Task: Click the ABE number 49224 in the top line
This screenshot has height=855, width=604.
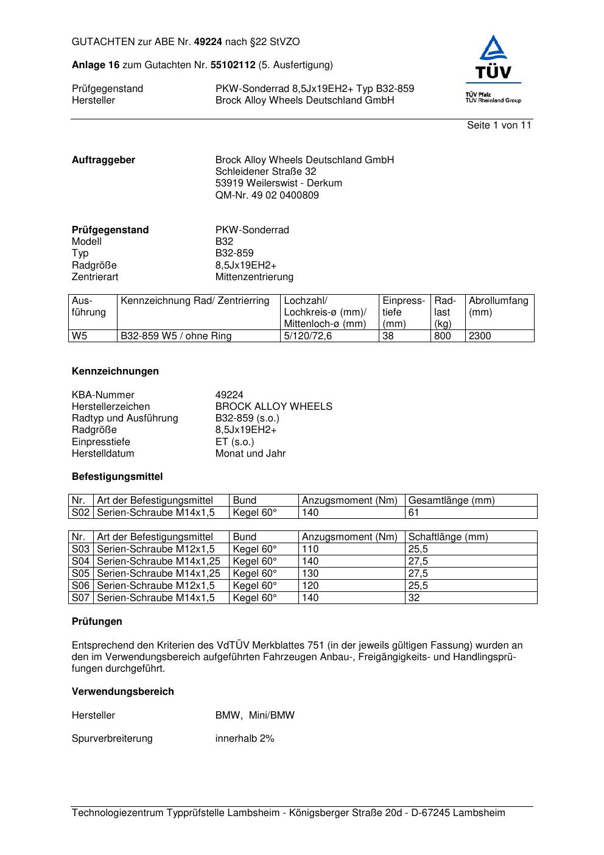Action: (x=208, y=42)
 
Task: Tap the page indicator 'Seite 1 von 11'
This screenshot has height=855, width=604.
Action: (x=499, y=125)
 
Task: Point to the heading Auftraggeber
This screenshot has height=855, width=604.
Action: (x=104, y=160)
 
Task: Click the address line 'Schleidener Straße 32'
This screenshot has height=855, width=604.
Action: (x=265, y=172)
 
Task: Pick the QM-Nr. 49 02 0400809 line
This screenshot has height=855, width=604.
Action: (x=267, y=195)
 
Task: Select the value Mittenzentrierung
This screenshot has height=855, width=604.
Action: (x=254, y=277)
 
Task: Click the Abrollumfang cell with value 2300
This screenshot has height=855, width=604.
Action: (x=480, y=336)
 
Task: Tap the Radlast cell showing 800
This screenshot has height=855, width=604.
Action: (x=443, y=336)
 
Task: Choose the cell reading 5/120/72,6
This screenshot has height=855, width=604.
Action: (x=308, y=336)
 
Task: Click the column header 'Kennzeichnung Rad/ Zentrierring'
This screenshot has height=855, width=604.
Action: (x=195, y=301)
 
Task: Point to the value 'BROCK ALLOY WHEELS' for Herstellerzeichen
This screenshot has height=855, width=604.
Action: (x=273, y=407)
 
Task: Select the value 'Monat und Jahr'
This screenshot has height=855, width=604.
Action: (x=250, y=454)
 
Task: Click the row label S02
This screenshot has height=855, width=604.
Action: (x=80, y=513)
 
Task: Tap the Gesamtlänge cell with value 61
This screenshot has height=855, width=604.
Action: (x=414, y=513)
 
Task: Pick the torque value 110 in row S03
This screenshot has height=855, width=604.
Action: (x=310, y=549)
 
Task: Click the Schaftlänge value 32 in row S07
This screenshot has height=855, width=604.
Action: (x=414, y=598)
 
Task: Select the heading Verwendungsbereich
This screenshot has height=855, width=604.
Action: (x=123, y=692)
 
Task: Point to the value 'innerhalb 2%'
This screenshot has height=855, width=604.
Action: (x=245, y=739)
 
